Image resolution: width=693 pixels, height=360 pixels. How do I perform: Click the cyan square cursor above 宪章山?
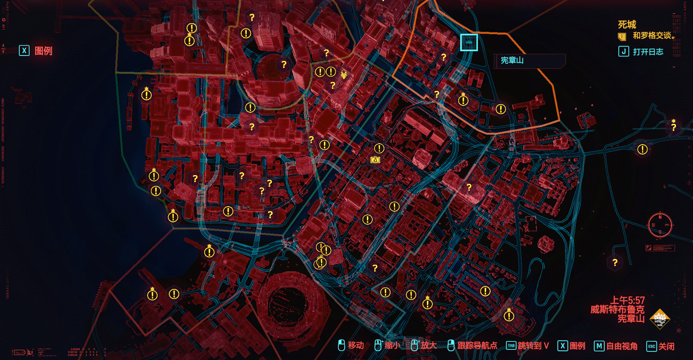469,43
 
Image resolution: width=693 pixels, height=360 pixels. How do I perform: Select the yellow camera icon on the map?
375,160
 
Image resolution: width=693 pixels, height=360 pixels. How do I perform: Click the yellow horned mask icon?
344,74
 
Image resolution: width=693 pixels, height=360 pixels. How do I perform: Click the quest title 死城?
627,24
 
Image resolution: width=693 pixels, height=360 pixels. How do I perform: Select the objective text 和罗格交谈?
651,36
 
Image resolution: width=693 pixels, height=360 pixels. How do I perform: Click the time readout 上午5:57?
627,300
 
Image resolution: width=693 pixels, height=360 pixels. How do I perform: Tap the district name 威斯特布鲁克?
617,309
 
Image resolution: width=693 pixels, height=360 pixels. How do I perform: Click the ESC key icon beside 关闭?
652,346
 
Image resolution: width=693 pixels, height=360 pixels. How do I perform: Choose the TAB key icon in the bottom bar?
511,346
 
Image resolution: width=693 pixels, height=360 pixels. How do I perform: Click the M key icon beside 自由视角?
599,346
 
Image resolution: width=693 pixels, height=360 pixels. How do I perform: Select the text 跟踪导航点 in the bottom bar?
478,346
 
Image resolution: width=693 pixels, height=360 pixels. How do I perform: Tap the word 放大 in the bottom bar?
428,346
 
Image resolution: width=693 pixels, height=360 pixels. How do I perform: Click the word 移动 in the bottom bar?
356,346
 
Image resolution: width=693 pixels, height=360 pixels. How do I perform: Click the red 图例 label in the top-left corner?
43,51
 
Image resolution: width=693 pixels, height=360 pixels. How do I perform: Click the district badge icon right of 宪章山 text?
660,319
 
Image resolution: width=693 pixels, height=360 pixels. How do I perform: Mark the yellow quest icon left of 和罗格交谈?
622,36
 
